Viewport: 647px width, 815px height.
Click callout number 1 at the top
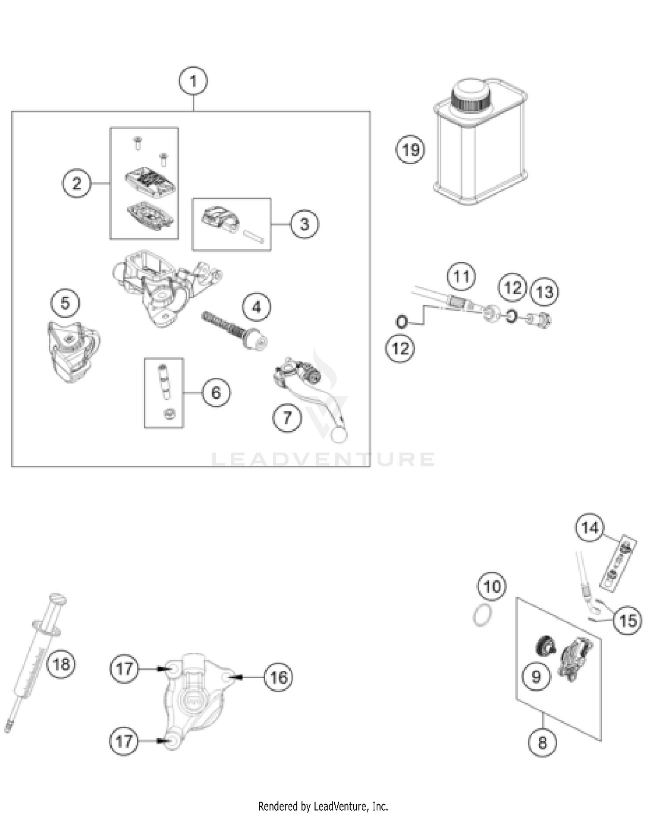click(x=193, y=81)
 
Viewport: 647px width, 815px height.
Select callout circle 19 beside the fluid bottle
click(x=410, y=150)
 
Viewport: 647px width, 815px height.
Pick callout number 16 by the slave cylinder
click(x=278, y=677)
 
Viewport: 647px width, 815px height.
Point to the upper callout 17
click(x=124, y=669)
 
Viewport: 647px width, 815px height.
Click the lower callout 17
click(x=124, y=741)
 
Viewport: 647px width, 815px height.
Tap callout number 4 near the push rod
click(x=256, y=307)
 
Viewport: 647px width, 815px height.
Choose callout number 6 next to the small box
click(x=216, y=392)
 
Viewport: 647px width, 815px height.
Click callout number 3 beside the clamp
click(x=304, y=224)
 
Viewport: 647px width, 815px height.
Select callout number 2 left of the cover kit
click(x=76, y=184)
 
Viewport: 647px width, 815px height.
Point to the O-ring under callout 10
click(x=482, y=614)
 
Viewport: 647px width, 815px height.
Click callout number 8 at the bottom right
click(x=542, y=742)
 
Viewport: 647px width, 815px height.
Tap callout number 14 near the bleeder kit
click(x=590, y=527)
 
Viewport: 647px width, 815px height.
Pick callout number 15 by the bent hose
click(x=628, y=621)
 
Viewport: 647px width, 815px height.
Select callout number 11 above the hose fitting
click(x=461, y=276)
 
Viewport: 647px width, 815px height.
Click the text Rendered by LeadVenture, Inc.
click(x=323, y=806)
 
